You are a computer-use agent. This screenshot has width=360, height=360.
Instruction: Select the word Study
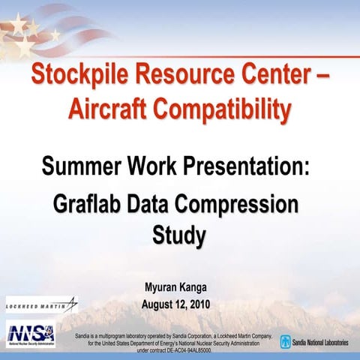click(x=178, y=236)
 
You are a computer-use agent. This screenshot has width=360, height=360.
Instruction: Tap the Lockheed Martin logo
click(x=41, y=305)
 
